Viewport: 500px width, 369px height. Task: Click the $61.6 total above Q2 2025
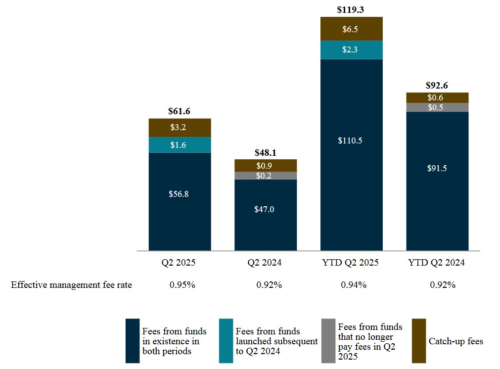[180, 111]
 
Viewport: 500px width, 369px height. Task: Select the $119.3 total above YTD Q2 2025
[351, 9]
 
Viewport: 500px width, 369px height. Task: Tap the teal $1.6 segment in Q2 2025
[180, 145]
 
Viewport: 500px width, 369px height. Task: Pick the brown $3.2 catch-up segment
[180, 128]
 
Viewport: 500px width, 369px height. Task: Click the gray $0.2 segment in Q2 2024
[266, 176]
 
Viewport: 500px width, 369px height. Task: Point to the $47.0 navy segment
[266, 209]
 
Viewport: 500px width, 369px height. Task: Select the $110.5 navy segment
[351, 140]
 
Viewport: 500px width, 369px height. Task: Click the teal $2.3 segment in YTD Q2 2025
[351, 50]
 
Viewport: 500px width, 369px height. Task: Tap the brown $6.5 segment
[351, 29]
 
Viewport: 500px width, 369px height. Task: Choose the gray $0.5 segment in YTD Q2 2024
[437, 107]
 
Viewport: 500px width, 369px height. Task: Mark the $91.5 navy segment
[437, 168]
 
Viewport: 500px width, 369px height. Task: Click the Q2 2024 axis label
[265, 263]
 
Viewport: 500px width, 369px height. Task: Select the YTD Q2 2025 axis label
[351, 263]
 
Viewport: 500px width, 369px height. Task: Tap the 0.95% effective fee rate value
[180, 285]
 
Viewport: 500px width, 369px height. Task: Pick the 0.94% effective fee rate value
[352, 285]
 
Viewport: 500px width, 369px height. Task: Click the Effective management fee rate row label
[72, 285]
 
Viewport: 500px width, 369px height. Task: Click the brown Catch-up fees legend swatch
[418, 341]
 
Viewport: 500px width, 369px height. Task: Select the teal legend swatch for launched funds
[226, 341]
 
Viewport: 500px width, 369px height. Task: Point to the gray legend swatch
[328, 341]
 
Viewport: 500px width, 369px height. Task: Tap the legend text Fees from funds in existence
[174, 341]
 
